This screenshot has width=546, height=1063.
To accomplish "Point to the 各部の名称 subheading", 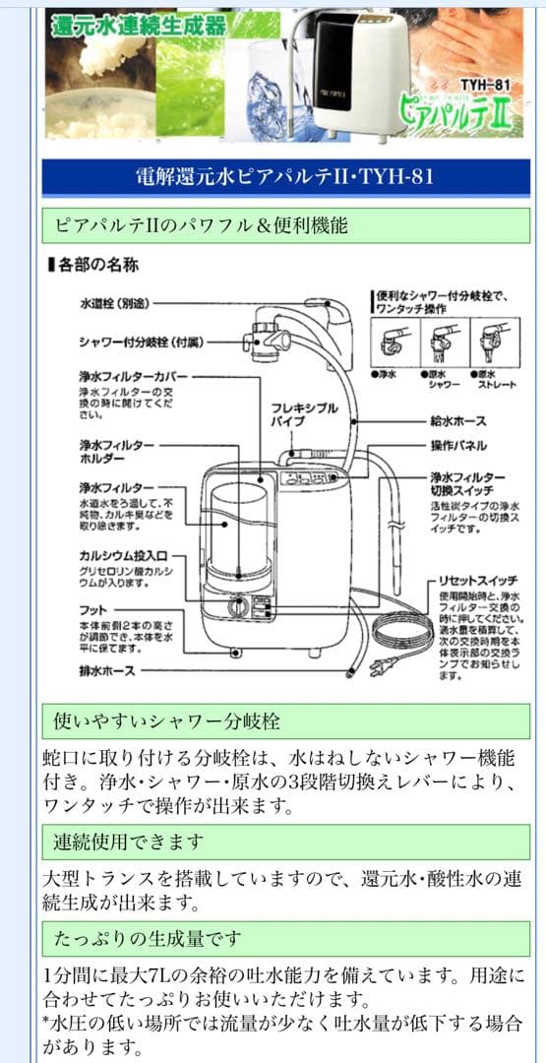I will point(93,265).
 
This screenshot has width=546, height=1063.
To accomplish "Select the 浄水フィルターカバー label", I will point(133,376).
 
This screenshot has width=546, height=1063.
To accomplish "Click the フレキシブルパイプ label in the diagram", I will point(305,415).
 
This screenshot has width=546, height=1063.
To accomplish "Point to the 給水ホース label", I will point(456,421).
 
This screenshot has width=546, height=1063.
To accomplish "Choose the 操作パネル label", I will point(456,446).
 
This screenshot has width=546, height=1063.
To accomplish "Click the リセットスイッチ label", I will point(479,581).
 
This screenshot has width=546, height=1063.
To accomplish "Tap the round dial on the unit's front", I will point(236,607).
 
